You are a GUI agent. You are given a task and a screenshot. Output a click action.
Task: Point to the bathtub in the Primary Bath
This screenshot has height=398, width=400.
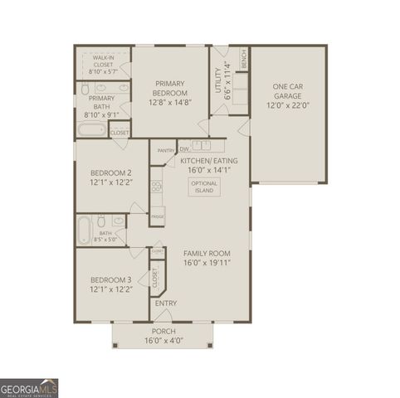point(90,131)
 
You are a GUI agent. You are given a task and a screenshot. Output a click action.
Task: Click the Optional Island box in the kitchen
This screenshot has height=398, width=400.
point(202,187)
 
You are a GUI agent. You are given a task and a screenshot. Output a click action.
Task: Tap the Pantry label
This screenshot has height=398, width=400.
point(165,151)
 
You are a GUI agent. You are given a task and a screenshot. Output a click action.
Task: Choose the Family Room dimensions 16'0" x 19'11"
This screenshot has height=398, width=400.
point(207,262)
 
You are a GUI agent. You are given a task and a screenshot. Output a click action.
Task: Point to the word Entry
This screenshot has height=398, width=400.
point(166,303)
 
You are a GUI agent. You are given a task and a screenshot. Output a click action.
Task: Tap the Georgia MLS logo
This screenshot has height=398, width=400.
point(29,387)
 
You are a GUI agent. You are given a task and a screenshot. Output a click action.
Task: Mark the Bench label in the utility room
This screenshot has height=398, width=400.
point(244,60)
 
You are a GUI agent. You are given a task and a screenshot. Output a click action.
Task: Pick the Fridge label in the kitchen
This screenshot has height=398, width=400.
point(157,216)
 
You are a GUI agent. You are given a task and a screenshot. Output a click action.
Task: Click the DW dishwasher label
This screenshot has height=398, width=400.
point(183,149)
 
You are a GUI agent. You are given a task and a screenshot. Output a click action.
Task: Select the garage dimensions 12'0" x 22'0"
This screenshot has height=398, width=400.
point(287,105)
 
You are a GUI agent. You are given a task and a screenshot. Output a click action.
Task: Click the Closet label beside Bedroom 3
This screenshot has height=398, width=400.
point(155,279)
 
